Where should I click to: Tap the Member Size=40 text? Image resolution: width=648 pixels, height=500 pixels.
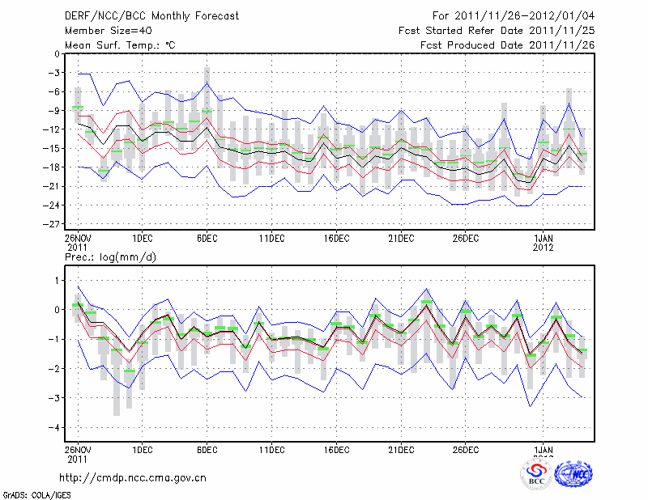[104, 31]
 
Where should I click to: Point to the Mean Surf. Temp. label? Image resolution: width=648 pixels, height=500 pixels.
[120, 45]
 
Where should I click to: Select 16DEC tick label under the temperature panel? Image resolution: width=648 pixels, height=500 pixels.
[336, 239]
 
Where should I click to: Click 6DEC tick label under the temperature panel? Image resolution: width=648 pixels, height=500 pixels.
[207, 239]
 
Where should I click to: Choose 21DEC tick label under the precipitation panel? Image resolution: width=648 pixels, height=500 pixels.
[401, 448]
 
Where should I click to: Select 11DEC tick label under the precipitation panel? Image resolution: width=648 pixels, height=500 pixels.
[271, 448]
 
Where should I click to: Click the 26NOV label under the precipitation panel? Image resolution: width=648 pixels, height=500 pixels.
[78, 448]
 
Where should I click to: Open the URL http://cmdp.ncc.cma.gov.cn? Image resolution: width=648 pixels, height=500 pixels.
[133, 477]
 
